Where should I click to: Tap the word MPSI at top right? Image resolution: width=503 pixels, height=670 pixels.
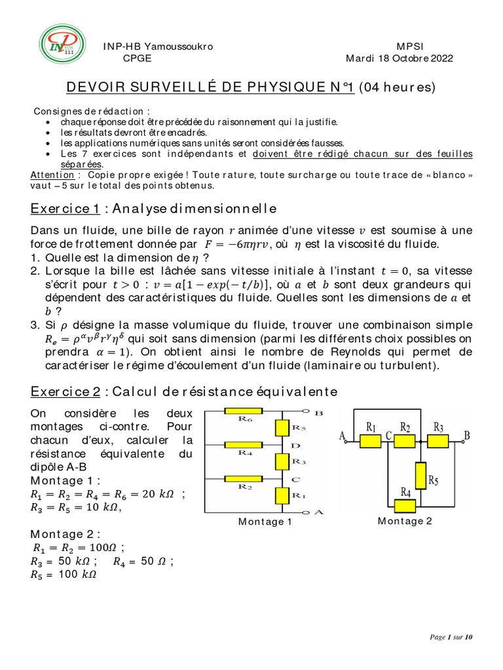pyautogui.click(x=410, y=46)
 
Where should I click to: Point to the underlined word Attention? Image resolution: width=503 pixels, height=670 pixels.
pyautogui.click(x=52, y=175)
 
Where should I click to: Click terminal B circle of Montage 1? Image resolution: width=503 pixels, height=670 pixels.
pyautogui.click(x=306, y=412)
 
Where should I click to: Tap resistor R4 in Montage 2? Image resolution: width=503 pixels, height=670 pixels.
pyautogui.click(x=405, y=504)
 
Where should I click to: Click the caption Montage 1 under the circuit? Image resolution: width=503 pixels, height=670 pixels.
pyautogui.click(x=265, y=521)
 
